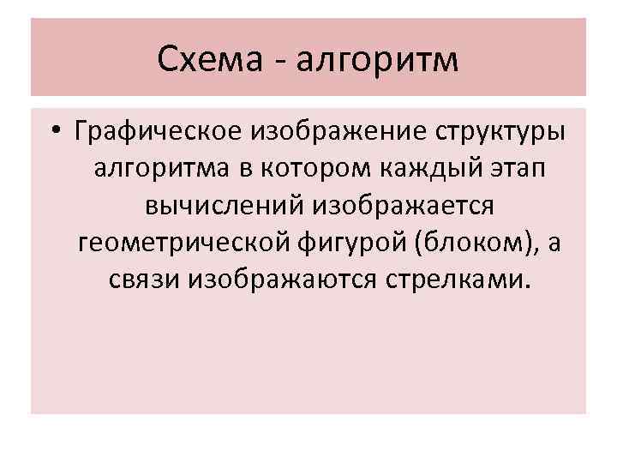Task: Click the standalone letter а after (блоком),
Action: (x=554, y=244)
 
